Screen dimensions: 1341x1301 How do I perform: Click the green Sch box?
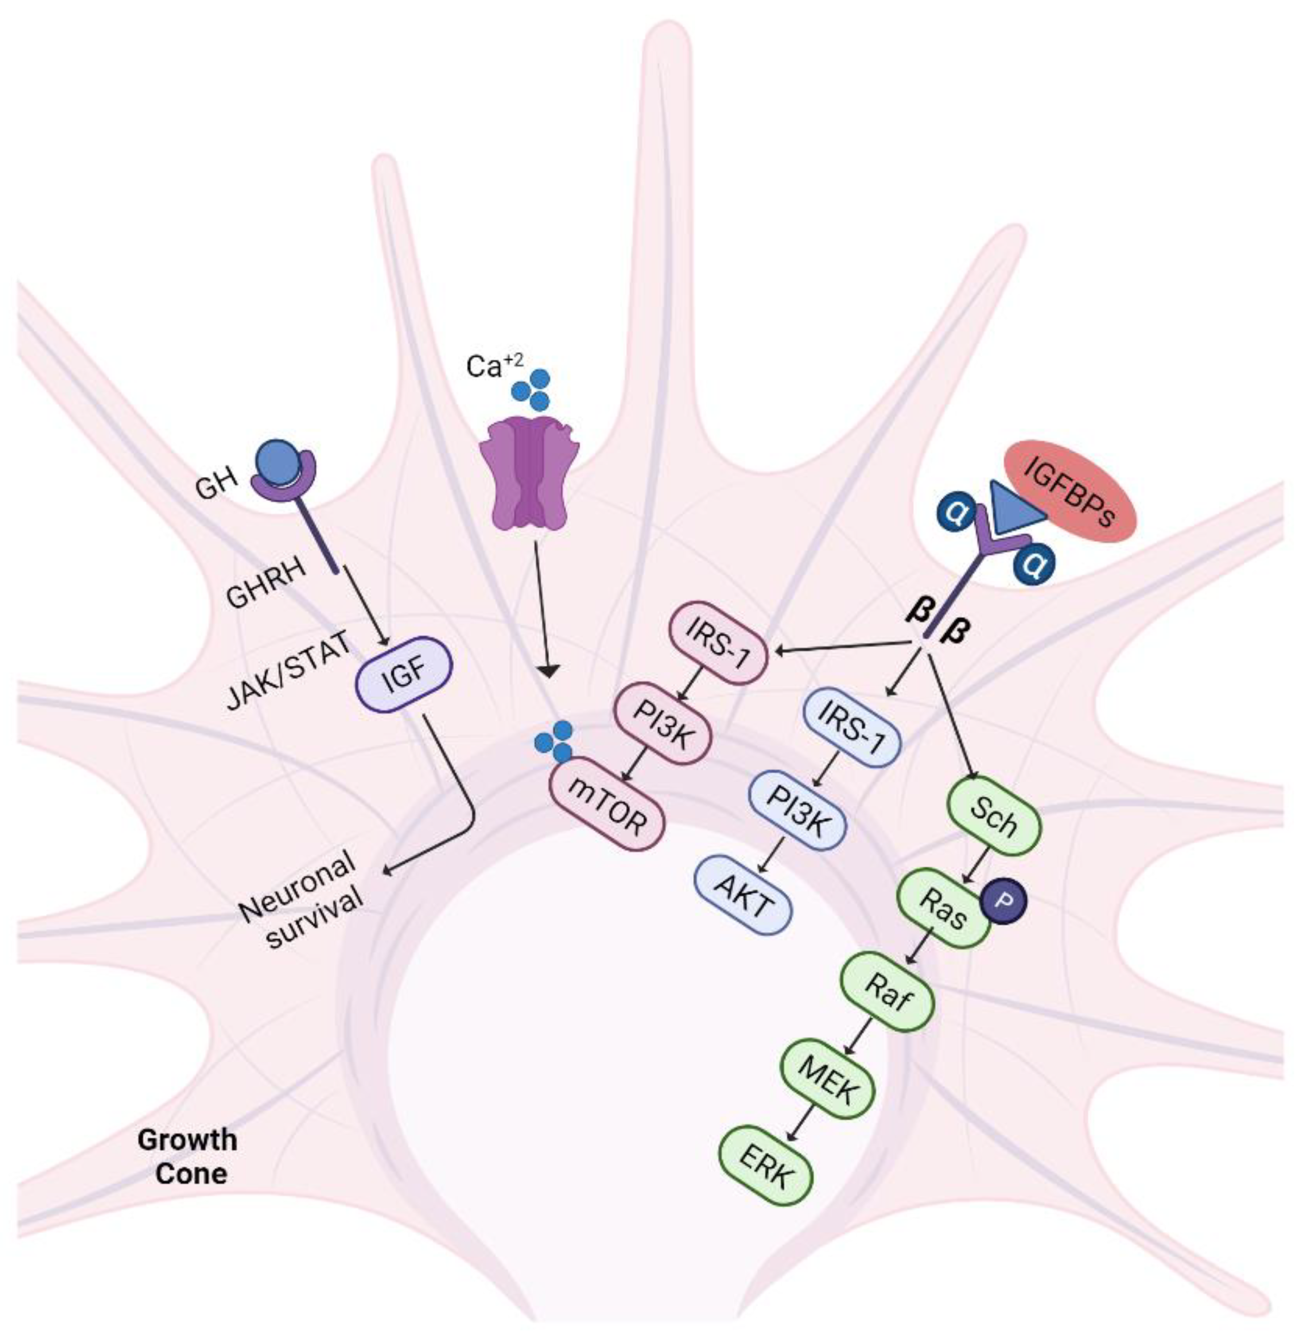993,816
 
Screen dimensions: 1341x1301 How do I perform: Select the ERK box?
766,1164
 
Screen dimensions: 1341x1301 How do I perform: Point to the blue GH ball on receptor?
278,462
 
